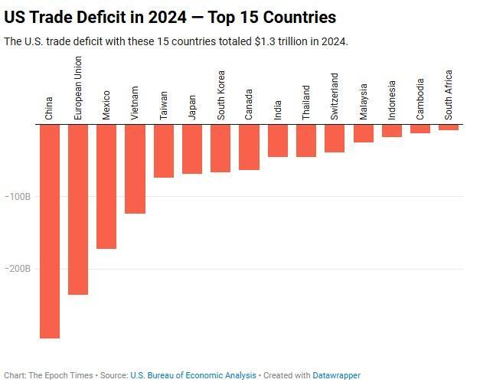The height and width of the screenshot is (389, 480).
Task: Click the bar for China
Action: tap(50, 230)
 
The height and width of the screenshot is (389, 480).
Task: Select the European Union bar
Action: tap(78, 209)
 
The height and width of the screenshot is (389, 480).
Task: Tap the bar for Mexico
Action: tap(106, 186)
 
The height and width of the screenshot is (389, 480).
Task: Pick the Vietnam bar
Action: tap(135, 168)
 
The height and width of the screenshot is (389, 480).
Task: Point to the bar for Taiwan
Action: tap(163, 151)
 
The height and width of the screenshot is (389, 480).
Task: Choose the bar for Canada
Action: tap(249, 147)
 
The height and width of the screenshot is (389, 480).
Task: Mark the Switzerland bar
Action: tap(335, 139)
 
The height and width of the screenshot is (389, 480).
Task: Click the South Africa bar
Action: tap(449, 127)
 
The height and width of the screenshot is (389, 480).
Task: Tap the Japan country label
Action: tap(192, 107)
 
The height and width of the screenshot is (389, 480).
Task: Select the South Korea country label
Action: tap(220, 96)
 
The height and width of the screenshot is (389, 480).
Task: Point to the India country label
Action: tap(278, 110)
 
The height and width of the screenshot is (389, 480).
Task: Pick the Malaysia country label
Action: tap(364, 102)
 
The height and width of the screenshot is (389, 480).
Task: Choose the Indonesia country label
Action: tap(392, 100)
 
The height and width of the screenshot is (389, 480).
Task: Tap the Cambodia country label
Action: tap(420, 100)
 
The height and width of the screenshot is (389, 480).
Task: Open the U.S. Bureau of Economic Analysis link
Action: tap(193, 376)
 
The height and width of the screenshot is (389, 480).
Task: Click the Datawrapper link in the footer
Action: tap(336, 376)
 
